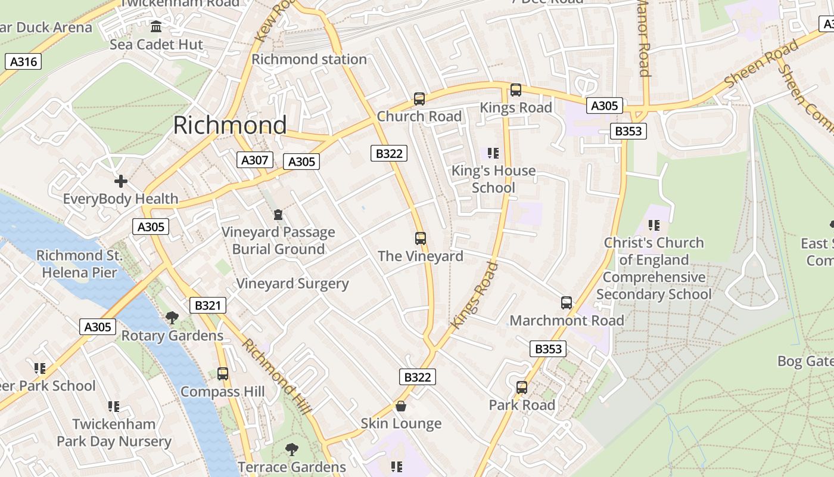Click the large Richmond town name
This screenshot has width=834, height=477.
tap(230, 125)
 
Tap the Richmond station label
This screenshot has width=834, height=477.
tap(309, 59)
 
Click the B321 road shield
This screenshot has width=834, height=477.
tap(208, 306)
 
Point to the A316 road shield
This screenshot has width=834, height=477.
tap(23, 61)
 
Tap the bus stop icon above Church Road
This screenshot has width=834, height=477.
tap(419, 99)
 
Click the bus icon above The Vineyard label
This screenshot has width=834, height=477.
tap(421, 238)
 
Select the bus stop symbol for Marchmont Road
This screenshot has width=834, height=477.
tap(567, 303)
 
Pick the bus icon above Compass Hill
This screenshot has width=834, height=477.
tap(223, 374)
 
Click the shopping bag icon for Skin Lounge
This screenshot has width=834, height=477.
tap(402, 406)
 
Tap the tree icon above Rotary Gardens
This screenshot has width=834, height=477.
tap(172, 318)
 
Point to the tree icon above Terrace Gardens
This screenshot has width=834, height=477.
tap(292, 449)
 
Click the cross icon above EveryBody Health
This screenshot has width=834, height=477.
tap(121, 181)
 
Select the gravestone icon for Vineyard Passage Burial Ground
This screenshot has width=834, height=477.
tap(278, 215)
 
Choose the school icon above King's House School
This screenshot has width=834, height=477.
tap(493, 153)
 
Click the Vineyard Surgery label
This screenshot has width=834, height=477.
tap(292, 283)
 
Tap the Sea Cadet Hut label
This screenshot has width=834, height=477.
tap(156, 45)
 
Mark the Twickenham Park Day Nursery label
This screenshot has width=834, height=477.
tap(114, 433)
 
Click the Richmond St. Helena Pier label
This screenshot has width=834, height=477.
tap(79, 264)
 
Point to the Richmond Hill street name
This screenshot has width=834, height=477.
tap(276, 377)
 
